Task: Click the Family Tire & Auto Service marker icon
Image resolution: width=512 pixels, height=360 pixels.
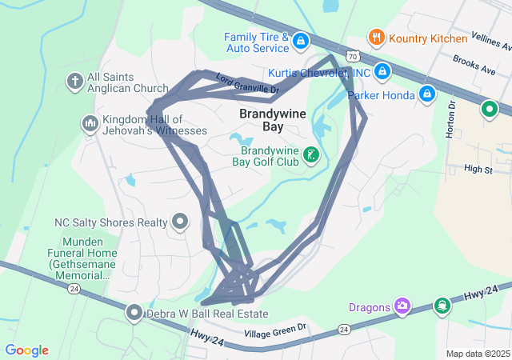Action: pyautogui.click(x=301, y=40)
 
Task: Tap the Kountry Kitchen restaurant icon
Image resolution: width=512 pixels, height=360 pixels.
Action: pyautogui.click(x=376, y=37)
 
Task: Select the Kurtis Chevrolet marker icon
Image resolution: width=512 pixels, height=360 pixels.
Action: pyautogui.click(x=382, y=72)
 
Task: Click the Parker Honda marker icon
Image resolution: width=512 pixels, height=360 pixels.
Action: pyautogui.click(x=428, y=94)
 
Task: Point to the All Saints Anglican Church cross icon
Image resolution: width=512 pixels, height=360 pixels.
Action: pyautogui.click(x=74, y=82)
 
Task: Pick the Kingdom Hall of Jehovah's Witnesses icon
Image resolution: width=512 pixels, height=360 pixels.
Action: pyautogui.click(x=90, y=123)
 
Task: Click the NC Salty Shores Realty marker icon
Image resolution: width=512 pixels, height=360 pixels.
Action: pyautogui.click(x=181, y=222)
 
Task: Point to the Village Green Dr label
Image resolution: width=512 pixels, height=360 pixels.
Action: pyautogui.click(x=275, y=328)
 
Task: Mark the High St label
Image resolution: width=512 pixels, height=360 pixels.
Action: pyautogui.click(x=478, y=169)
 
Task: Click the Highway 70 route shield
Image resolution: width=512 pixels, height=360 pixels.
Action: pyautogui.click(x=353, y=57)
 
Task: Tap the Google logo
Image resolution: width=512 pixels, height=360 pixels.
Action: pyautogui.click(x=27, y=350)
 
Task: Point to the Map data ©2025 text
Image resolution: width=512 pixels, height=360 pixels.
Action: pyautogui.click(x=477, y=354)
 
